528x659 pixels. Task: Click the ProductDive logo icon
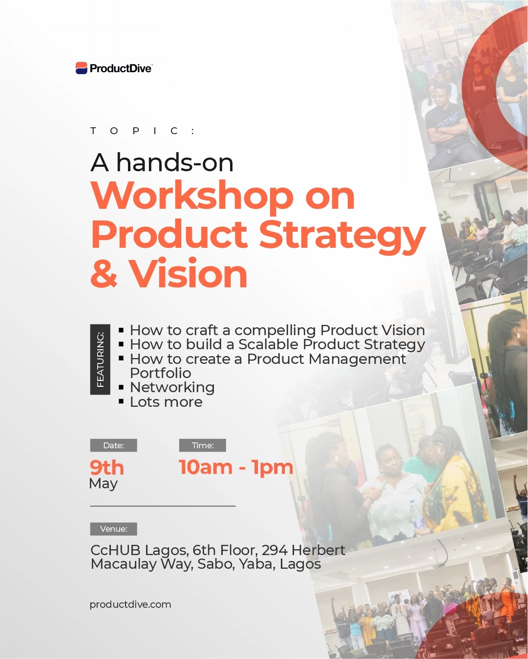[82, 68]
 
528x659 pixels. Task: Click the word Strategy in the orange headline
[342, 235]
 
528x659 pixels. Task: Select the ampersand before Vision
[104, 274]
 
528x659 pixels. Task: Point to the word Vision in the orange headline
[188, 274]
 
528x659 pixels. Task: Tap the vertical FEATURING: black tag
[100, 359]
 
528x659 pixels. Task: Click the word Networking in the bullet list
[172, 387]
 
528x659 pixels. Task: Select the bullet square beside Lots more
[121, 401]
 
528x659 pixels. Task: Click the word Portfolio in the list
[160, 373]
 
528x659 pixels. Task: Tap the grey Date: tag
[113, 445]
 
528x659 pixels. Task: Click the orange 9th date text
[107, 468]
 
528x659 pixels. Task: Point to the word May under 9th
[104, 484]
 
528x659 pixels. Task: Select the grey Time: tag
[203, 445]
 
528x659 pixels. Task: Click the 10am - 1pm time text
[236, 467]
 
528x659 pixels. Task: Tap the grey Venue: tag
[113, 529]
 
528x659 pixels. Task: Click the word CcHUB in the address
[115, 550]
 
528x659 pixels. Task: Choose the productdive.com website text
[130, 604]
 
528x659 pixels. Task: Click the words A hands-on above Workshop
[162, 162]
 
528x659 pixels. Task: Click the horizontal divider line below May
[163, 506]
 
